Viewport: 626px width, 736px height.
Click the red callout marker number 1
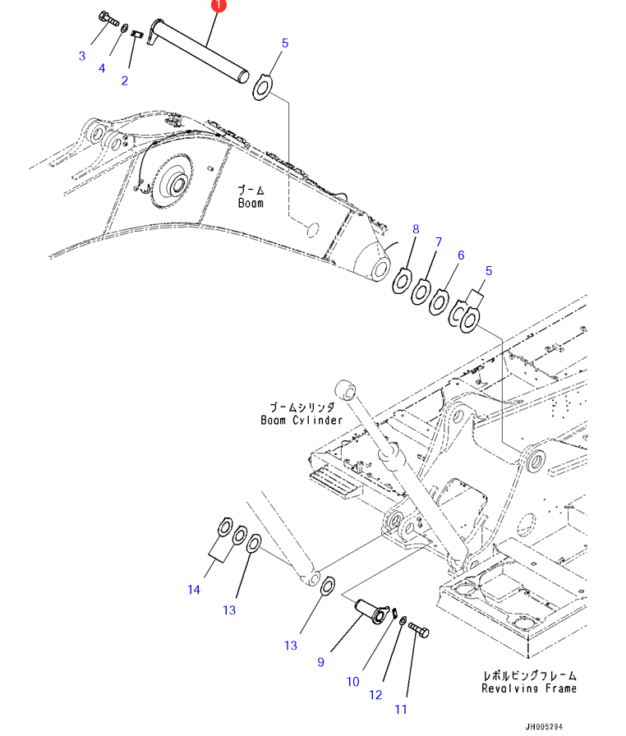tap(218, 5)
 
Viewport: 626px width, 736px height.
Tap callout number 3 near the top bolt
tap(82, 56)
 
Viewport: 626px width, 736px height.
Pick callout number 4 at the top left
tap(102, 68)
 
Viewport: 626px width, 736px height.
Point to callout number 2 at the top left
tap(125, 80)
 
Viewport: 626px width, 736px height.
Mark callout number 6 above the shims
tap(461, 255)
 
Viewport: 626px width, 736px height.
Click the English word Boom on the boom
tap(251, 202)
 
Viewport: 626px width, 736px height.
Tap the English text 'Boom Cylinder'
tap(301, 420)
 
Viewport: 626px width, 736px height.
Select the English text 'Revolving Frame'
tap(529, 688)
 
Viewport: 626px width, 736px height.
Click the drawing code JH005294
tap(545, 727)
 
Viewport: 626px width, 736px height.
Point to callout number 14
tap(194, 589)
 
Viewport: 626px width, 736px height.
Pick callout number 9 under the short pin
tap(321, 662)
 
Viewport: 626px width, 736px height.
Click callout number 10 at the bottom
tap(353, 681)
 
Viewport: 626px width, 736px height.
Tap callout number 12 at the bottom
tap(375, 695)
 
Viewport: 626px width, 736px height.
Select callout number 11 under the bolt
tap(402, 709)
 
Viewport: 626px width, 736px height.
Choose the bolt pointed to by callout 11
tap(418, 632)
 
